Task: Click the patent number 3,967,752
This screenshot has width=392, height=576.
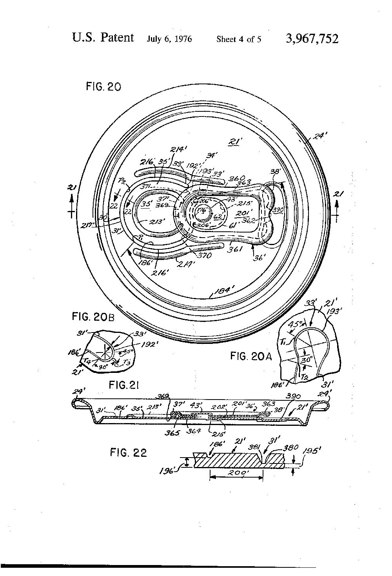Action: coord(312,39)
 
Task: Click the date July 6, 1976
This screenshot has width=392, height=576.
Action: coord(169,39)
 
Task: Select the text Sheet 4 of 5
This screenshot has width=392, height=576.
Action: coord(239,39)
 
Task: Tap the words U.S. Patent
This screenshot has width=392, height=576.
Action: coord(103,38)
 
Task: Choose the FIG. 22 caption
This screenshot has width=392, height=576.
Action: coord(128,453)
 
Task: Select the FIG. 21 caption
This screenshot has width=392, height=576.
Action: coord(124,385)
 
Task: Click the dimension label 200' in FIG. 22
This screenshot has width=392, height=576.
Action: coord(237,473)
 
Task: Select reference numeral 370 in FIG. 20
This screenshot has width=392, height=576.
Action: coord(205,256)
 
